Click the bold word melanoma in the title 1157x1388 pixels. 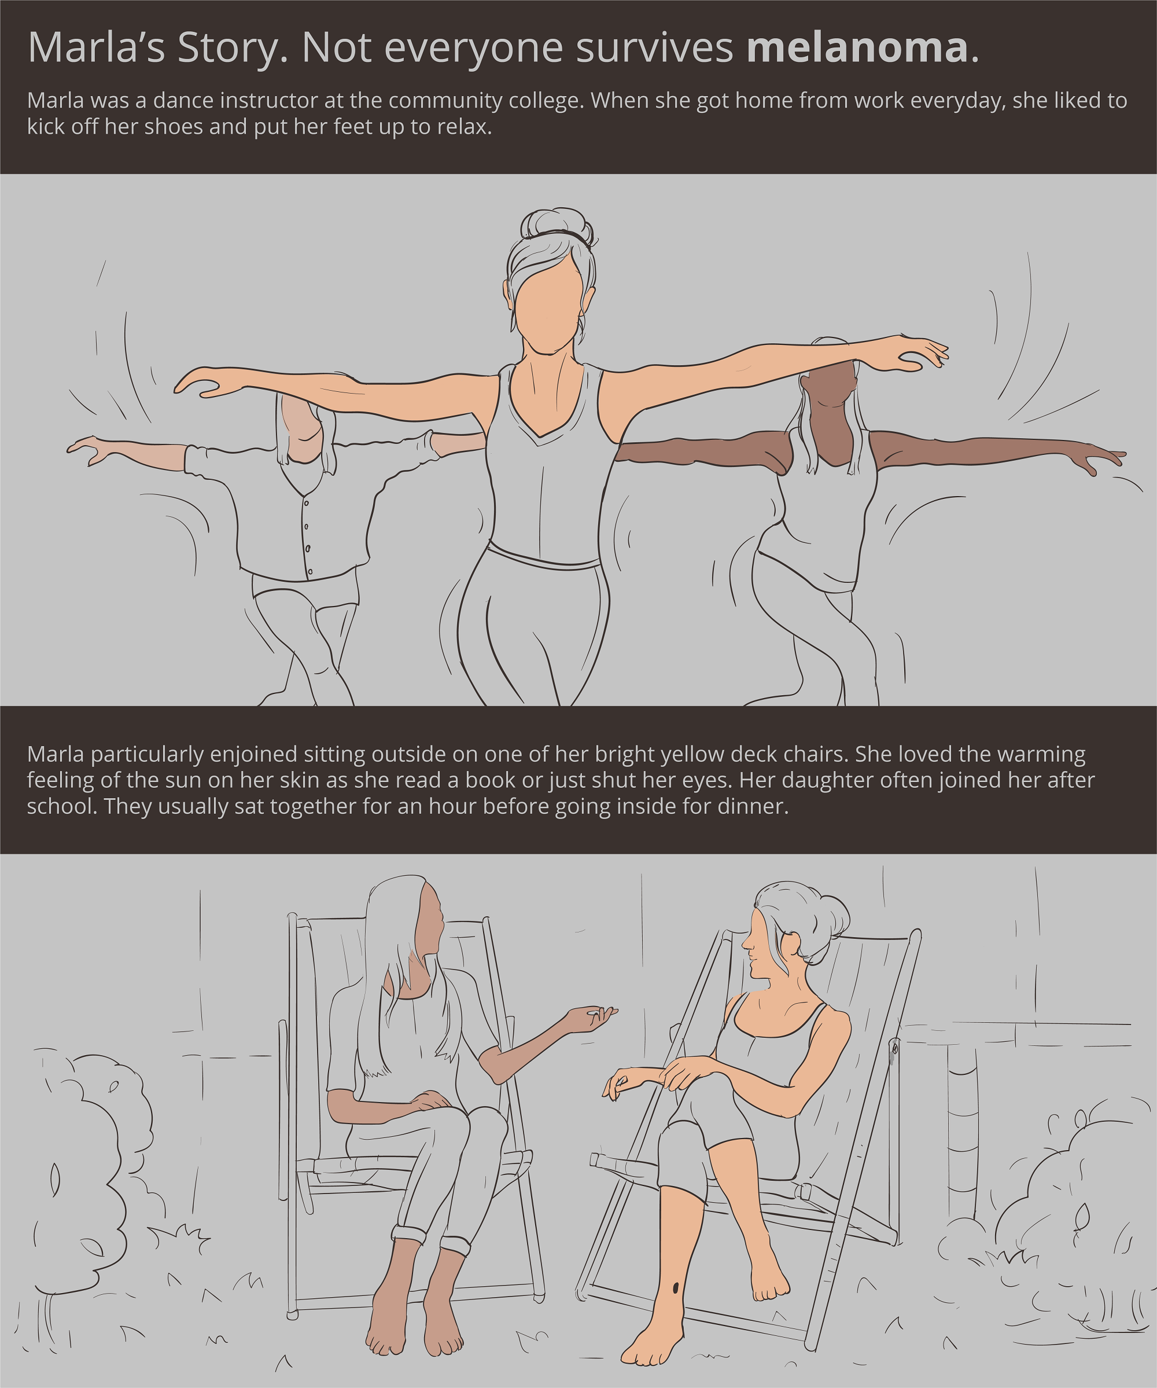(857, 47)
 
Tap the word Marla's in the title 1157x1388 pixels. (97, 47)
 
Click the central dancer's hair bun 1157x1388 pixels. (557, 225)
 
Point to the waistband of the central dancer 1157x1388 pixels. (544, 557)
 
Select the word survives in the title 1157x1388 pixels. (655, 47)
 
